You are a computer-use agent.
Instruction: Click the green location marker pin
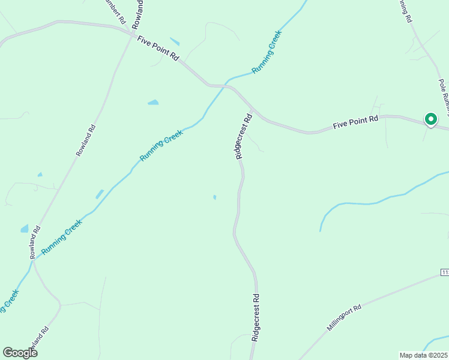[430, 119]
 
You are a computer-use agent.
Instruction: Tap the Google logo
[20, 353]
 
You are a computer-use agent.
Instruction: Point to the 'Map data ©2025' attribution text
[424, 355]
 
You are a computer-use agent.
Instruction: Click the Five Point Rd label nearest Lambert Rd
[158, 48]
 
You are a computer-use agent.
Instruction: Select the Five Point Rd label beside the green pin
[355, 122]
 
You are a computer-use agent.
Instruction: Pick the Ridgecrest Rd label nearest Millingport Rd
[256, 317]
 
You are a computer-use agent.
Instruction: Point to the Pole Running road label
[444, 96]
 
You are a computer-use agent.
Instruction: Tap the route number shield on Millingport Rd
[445, 273]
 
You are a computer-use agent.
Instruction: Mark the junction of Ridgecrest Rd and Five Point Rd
[255, 110]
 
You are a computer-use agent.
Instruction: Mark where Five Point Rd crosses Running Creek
[224, 85]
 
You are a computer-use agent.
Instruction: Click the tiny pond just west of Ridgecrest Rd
[214, 196]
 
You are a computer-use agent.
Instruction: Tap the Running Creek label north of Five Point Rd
[267, 52]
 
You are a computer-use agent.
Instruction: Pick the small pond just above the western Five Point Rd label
[175, 41]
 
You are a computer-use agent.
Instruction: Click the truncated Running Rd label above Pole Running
[405, 11]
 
